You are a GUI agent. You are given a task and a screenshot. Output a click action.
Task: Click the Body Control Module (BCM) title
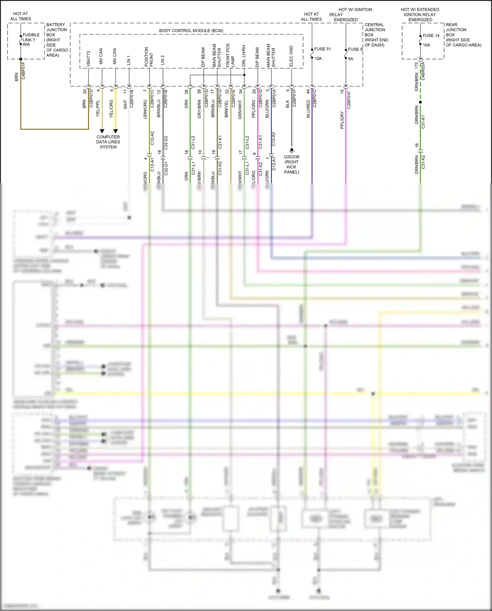click(x=191, y=31)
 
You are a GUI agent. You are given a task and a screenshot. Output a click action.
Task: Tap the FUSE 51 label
click(x=322, y=49)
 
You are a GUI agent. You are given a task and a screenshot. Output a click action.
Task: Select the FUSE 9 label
click(x=355, y=49)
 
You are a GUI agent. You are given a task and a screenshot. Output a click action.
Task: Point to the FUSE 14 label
click(x=431, y=35)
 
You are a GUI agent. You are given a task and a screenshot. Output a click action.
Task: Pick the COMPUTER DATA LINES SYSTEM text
click(x=108, y=142)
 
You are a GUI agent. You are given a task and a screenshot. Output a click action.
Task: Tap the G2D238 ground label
click(x=291, y=157)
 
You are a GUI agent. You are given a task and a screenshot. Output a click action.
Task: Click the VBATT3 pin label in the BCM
click(x=89, y=59)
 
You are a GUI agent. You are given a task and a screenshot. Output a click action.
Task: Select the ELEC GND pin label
click(x=291, y=56)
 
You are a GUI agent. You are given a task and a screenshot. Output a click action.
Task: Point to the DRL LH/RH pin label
click(x=244, y=56)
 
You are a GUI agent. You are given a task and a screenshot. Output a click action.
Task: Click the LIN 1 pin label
click(x=129, y=60)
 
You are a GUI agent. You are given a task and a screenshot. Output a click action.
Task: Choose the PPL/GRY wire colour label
click(x=342, y=120)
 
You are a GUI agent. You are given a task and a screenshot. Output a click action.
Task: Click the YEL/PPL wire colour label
click(x=98, y=108)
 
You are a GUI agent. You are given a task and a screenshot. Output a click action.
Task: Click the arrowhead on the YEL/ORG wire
click(x=115, y=131)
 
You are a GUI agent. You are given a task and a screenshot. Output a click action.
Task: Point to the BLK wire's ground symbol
click(x=292, y=151)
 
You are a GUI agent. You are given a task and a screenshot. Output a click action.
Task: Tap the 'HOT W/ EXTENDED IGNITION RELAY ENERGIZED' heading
click(x=420, y=14)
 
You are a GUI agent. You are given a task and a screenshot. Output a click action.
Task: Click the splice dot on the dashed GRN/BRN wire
click(x=420, y=102)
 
